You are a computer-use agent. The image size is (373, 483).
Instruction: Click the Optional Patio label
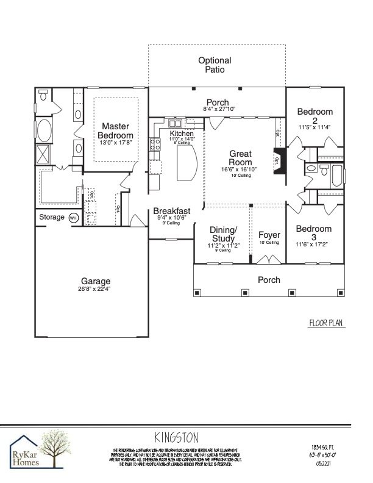point(215,65)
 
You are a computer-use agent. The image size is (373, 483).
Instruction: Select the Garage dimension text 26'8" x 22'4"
point(94,288)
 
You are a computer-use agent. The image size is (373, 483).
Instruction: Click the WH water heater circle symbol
point(74,218)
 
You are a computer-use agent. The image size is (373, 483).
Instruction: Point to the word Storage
point(52,217)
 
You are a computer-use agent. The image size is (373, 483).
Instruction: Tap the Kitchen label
point(182,134)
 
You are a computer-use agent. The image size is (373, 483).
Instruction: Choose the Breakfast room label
point(171,211)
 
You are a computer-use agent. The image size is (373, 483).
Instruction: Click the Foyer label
point(269,235)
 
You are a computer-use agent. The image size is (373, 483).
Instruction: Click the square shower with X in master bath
point(45,154)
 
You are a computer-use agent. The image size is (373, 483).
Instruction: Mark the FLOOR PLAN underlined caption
point(327,324)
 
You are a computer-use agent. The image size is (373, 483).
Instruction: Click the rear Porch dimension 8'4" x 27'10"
point(218,109)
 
